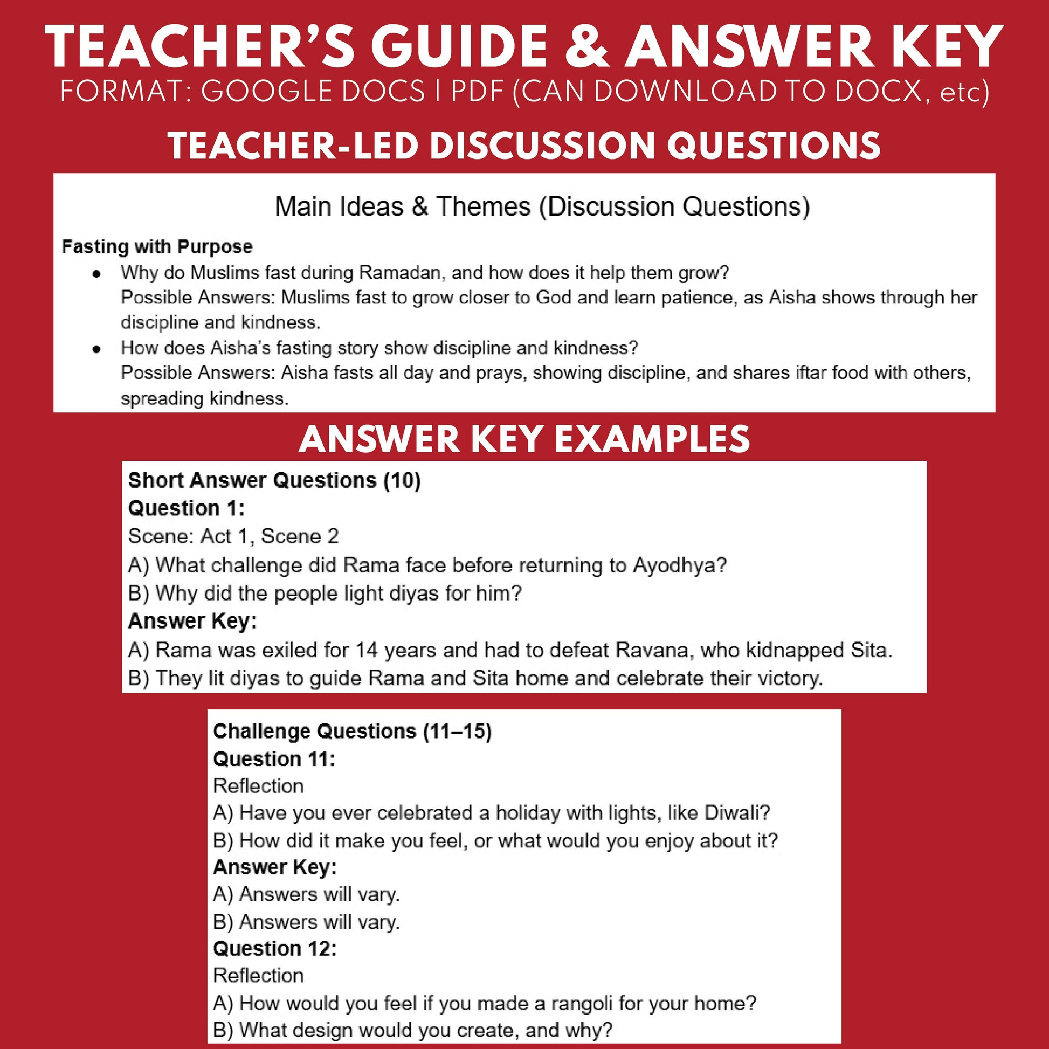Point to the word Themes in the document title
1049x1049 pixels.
point(483,207)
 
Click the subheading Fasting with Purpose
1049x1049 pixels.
point(157,247)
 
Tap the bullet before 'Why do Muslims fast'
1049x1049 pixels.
point(96,274)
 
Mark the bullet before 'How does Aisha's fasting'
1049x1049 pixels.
point(96,349)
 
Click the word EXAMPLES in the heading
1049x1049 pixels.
point(652,439)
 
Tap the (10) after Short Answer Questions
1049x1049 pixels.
point(402,480)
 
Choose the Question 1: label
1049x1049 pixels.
point(186,509)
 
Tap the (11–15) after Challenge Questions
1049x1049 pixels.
point(457,731)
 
